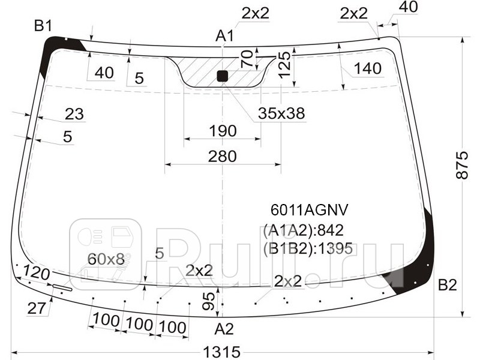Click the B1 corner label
click(43, 26)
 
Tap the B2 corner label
click(448, 285)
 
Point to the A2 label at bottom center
click(224, 328)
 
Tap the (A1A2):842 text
click(303, 230)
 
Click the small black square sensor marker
click(222, 76)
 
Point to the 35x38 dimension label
click(281, 113)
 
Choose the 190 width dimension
click(222, 131)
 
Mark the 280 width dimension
click(222, 156)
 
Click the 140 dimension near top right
click(367, 69)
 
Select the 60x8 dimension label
click(106, 259)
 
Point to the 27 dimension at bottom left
click(37, 308)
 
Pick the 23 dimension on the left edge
click(74, 114)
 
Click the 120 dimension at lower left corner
click(36, 274)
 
